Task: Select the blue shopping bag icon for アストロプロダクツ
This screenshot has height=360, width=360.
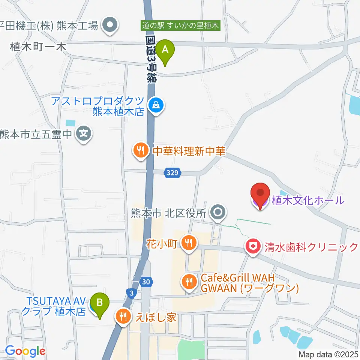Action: [x=155, y=105]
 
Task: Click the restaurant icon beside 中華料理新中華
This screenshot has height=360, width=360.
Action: [x=141, y=151]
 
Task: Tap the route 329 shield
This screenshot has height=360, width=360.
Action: [x=173, y=173]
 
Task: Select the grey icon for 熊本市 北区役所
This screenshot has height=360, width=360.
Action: [x=217, y=213]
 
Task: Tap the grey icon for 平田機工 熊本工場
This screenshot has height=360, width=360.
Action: [x=110, y=26]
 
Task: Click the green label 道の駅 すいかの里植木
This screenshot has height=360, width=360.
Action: [x=180, y=26]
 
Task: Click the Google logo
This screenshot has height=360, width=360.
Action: [x=25, y=351]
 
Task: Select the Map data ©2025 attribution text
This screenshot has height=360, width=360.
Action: [x=328, y=354]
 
